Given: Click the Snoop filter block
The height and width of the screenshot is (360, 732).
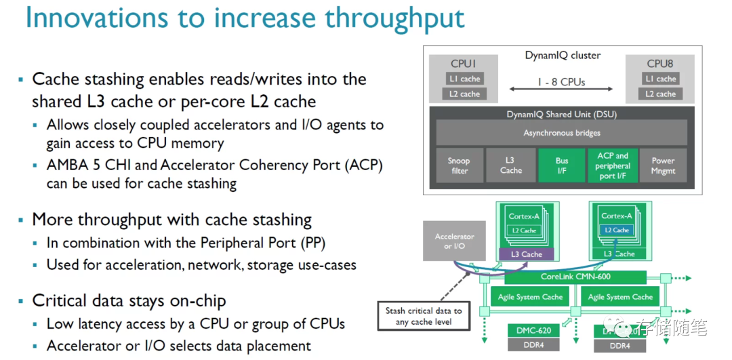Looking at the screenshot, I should click(x=460, y=165).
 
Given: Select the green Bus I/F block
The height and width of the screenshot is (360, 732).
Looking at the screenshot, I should click(x=561, y=165).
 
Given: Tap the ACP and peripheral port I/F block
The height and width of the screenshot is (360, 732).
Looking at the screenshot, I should click(x=613, y=165).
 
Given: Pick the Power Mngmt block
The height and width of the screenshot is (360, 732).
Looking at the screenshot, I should click(x=663, y=165).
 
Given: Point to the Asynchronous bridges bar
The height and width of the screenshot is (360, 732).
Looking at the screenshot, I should click(x=561, y=133).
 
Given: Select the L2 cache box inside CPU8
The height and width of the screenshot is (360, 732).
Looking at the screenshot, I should click(x=660, y=94).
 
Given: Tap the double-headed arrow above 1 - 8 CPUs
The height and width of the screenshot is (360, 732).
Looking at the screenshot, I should click(x=562, y=89).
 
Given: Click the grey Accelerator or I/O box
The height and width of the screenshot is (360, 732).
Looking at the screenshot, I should click(x=454, y=241).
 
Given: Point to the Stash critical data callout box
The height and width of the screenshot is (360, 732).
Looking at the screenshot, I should click(x=424, y=316).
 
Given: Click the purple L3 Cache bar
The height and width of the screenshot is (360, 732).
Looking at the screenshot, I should click(x=527, y=254).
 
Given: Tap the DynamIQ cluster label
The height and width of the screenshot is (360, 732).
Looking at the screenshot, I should click(x=563, y=56).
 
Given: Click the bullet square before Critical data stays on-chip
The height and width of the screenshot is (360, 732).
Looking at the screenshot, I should click(x=21, y=300).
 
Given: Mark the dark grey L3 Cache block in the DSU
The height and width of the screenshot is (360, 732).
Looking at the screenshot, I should click(x=510, y=165).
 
